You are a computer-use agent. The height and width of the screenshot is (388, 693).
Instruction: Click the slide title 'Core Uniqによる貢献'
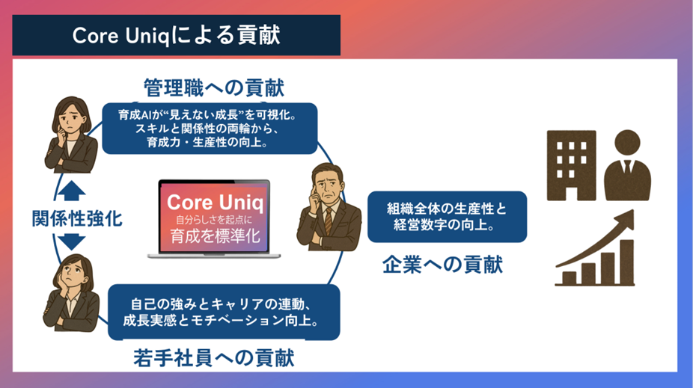[177, 36]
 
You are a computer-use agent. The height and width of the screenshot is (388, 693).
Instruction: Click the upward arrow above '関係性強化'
[68, 192]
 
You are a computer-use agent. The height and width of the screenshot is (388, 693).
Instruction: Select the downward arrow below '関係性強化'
[68, 242]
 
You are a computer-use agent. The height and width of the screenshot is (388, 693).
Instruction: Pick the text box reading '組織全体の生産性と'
[447, 217]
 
